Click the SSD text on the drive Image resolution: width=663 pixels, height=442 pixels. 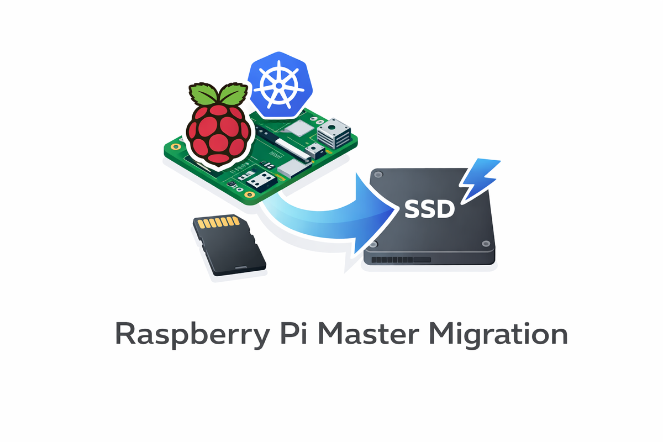430,208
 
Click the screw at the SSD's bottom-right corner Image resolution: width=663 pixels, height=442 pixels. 485,243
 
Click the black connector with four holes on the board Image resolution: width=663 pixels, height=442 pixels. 260,180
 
